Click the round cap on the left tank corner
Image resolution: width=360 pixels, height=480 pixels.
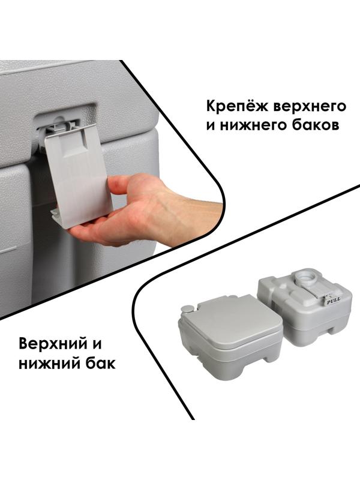(187, 309)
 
